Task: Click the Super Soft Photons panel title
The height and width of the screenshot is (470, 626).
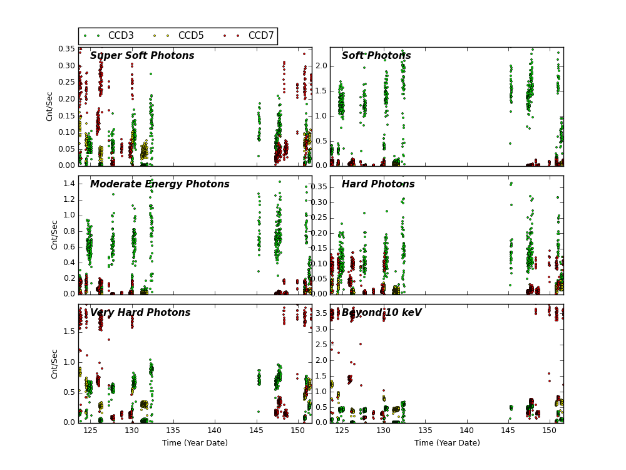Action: pyautogui.click(x=142, y=56)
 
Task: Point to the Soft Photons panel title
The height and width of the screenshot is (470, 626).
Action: pyautogui.click(x=376, y=56)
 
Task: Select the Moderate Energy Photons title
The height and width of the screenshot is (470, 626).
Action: pyautogui.click(x=160, y=184)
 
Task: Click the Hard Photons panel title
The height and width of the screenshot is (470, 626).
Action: pyautogui.click(x=378, y=184)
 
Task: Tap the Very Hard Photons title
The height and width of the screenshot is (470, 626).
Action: pyautogui.click(x=140, y=313)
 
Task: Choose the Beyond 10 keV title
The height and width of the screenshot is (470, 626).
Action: pyautogui.click(x=381, y=313)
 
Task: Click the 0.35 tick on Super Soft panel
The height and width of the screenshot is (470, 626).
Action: pyautogui.click(x=66, y=49)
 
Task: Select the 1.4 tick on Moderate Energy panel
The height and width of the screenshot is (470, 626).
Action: pyautogui.click(x=68, y=184)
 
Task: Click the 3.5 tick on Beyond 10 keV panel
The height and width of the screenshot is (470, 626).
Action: pyautogui.click(x=321, y=329)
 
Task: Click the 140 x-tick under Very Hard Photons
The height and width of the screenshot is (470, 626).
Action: pyautogui.click(x=215, y=431)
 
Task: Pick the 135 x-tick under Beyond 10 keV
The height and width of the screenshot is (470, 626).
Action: pyautogui.click(x=425, y=431)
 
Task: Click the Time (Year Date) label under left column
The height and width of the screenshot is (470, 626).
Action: pyautogui.click(x=195, y=443)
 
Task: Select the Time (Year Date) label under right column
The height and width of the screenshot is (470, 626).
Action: pyautogui.click(x=447, y=443)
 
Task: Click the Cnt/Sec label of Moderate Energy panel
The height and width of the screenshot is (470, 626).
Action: pyautogui.click(x=54, y=234)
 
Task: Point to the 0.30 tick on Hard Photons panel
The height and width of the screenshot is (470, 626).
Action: pyautogui.click(x=319, y=202)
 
